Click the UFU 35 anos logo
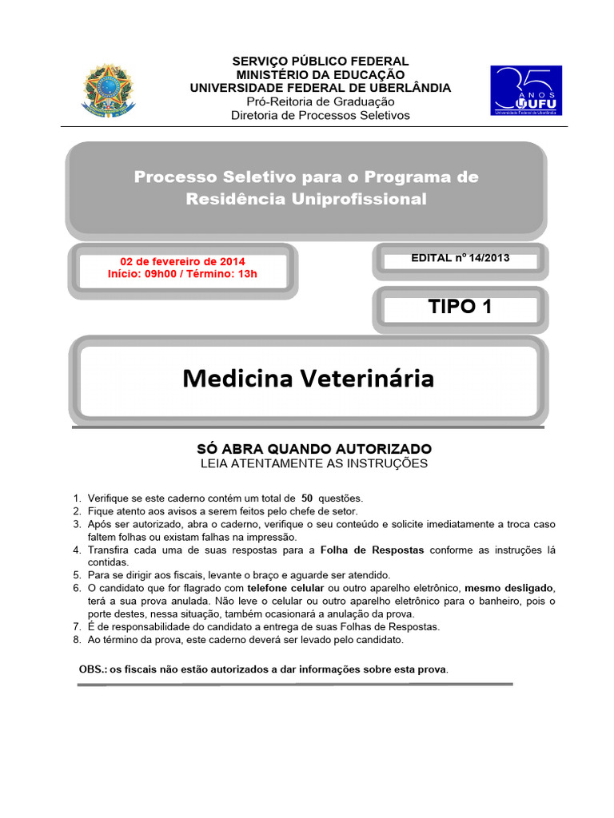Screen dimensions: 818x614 pos(525,91)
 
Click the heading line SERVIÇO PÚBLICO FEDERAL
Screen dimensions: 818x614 pos(320,62)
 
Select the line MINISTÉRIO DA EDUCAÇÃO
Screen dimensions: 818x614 pos(320,75)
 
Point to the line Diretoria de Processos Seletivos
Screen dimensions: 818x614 pos(320,115)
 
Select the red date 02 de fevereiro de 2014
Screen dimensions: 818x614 pos(182,261)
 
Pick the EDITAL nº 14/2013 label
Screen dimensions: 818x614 pos(460,258)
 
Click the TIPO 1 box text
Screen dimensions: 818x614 pos(460,307)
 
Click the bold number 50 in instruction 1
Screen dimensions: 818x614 pos(307,498)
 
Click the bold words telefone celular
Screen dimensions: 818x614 pos(285,588)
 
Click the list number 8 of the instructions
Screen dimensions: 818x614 pos(77,640)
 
